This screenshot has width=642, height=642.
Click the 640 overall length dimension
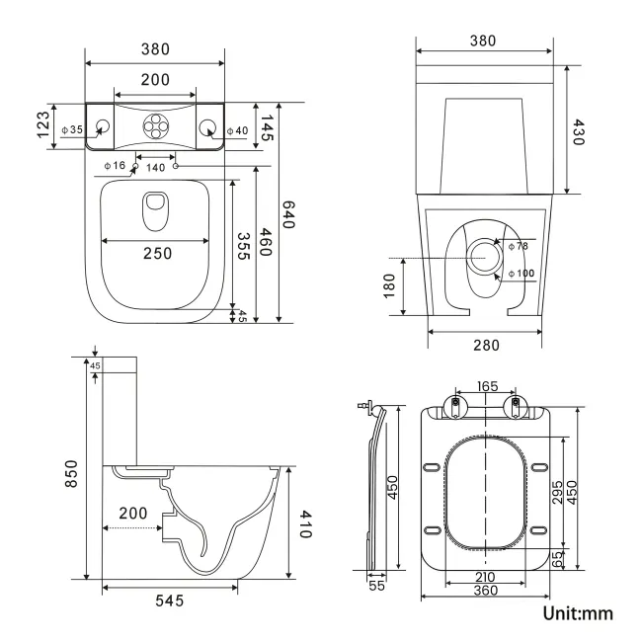pos(289,215)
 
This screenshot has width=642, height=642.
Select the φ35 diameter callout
pos(72,129)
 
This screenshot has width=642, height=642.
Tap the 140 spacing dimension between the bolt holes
pos(156,168)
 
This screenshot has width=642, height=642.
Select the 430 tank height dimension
pos(580,129)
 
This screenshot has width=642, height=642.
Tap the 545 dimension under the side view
pos(169,600)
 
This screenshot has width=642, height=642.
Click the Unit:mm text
pos(578,613)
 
